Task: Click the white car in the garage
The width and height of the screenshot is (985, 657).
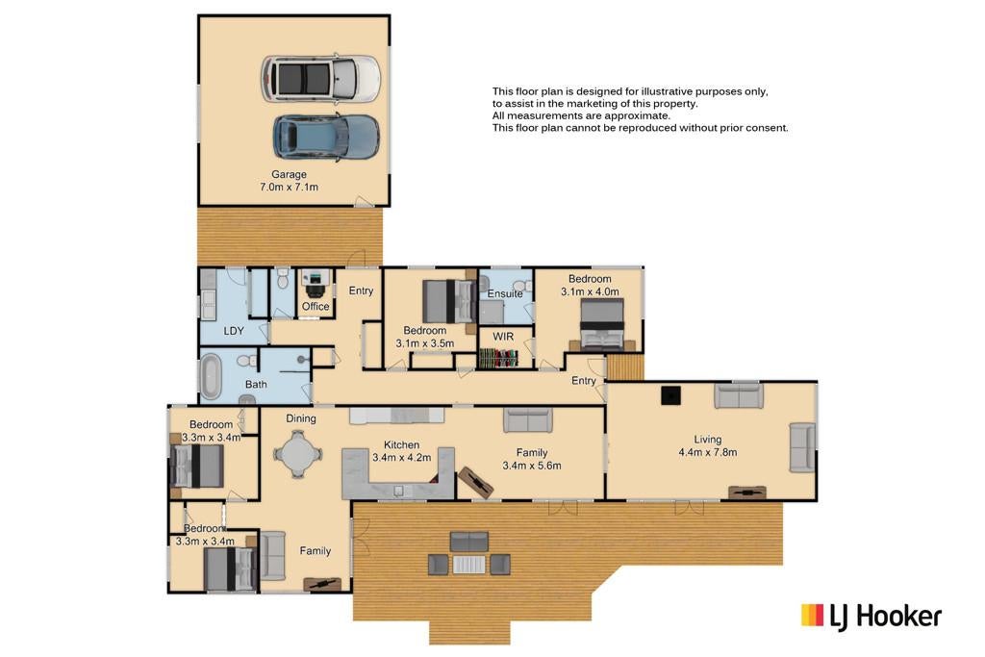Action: pos(320,79)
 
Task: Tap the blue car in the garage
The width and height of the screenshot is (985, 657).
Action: pos(326,137)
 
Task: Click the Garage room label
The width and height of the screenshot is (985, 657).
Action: pos(289,174)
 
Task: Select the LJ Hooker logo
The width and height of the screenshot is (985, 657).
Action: pos(871,617)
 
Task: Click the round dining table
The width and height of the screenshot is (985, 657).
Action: pos(298,453)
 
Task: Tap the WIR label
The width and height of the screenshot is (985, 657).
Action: pos(503,337)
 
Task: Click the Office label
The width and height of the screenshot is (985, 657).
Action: pos(316,306)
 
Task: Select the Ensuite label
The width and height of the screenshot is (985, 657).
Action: pos(505,293)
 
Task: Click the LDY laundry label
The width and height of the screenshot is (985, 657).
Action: pos(234,330)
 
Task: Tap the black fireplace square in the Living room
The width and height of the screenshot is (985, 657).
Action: pos(670,395)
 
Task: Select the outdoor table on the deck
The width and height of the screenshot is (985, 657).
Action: pos(468,564)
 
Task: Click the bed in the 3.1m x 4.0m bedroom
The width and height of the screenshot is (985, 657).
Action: pos(602,324)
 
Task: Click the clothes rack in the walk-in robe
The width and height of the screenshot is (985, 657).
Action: pos(499,358)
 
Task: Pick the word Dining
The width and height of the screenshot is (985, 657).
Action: pos(301,418)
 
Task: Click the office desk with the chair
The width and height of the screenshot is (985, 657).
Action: pos(316,283)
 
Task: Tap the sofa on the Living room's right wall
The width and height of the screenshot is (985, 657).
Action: pos(802,447)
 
